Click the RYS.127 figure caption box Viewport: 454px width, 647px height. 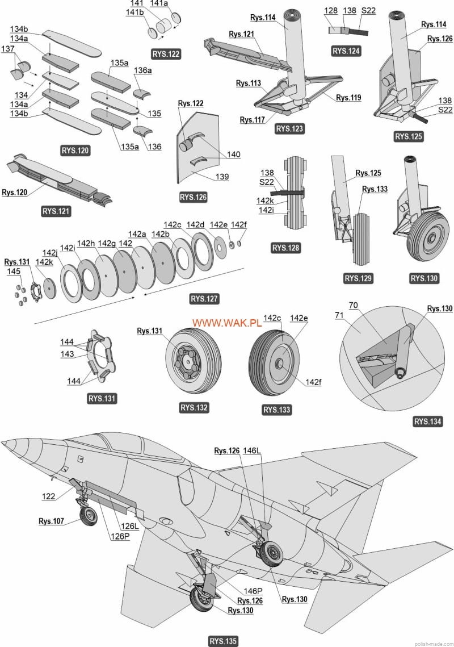tap(204, 299)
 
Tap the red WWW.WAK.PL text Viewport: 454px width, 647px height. tap(226, 323)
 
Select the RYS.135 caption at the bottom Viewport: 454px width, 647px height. tap(223, 641)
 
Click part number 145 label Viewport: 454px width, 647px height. tap(14, 272)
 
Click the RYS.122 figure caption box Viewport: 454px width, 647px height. tap(166, 54)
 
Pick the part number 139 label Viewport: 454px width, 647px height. tap(222, 177)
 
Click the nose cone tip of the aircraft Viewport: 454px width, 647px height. tap(4, 444)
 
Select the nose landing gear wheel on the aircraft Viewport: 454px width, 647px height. tap(89, 516)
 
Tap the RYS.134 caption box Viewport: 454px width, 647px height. tap(428, 421)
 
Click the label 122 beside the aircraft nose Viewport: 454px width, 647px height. tap(49, 496)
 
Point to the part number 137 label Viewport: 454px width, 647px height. tap(8, 49)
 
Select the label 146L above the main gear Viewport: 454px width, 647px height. tap(253, 450)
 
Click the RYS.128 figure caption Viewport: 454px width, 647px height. tap(285, 248)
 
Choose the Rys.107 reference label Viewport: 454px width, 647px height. tap(51, 521)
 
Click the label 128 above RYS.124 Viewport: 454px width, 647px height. tap(331, 10)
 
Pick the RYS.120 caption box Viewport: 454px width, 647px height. tap(75, 151)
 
